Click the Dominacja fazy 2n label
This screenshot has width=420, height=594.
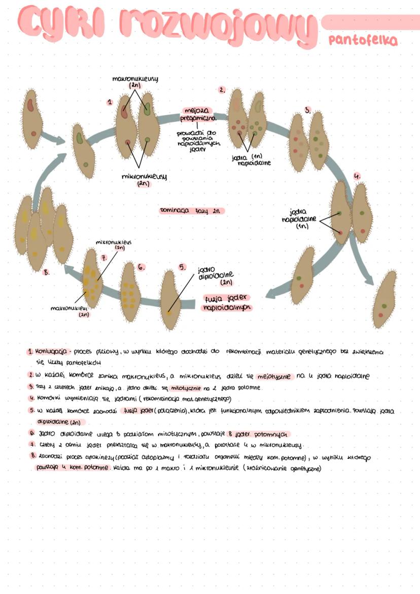pos(191,210)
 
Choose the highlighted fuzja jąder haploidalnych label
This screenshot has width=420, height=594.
pos(227,303)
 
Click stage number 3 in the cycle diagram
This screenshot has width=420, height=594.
pos(308,110)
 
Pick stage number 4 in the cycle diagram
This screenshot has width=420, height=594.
pos(357,176)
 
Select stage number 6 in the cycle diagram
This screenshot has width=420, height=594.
pos(142,267)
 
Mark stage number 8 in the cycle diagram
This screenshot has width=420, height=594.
pos(46,272)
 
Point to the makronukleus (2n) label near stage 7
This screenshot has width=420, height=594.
pos(69,310)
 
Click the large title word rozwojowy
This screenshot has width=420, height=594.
pos(214,25)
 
